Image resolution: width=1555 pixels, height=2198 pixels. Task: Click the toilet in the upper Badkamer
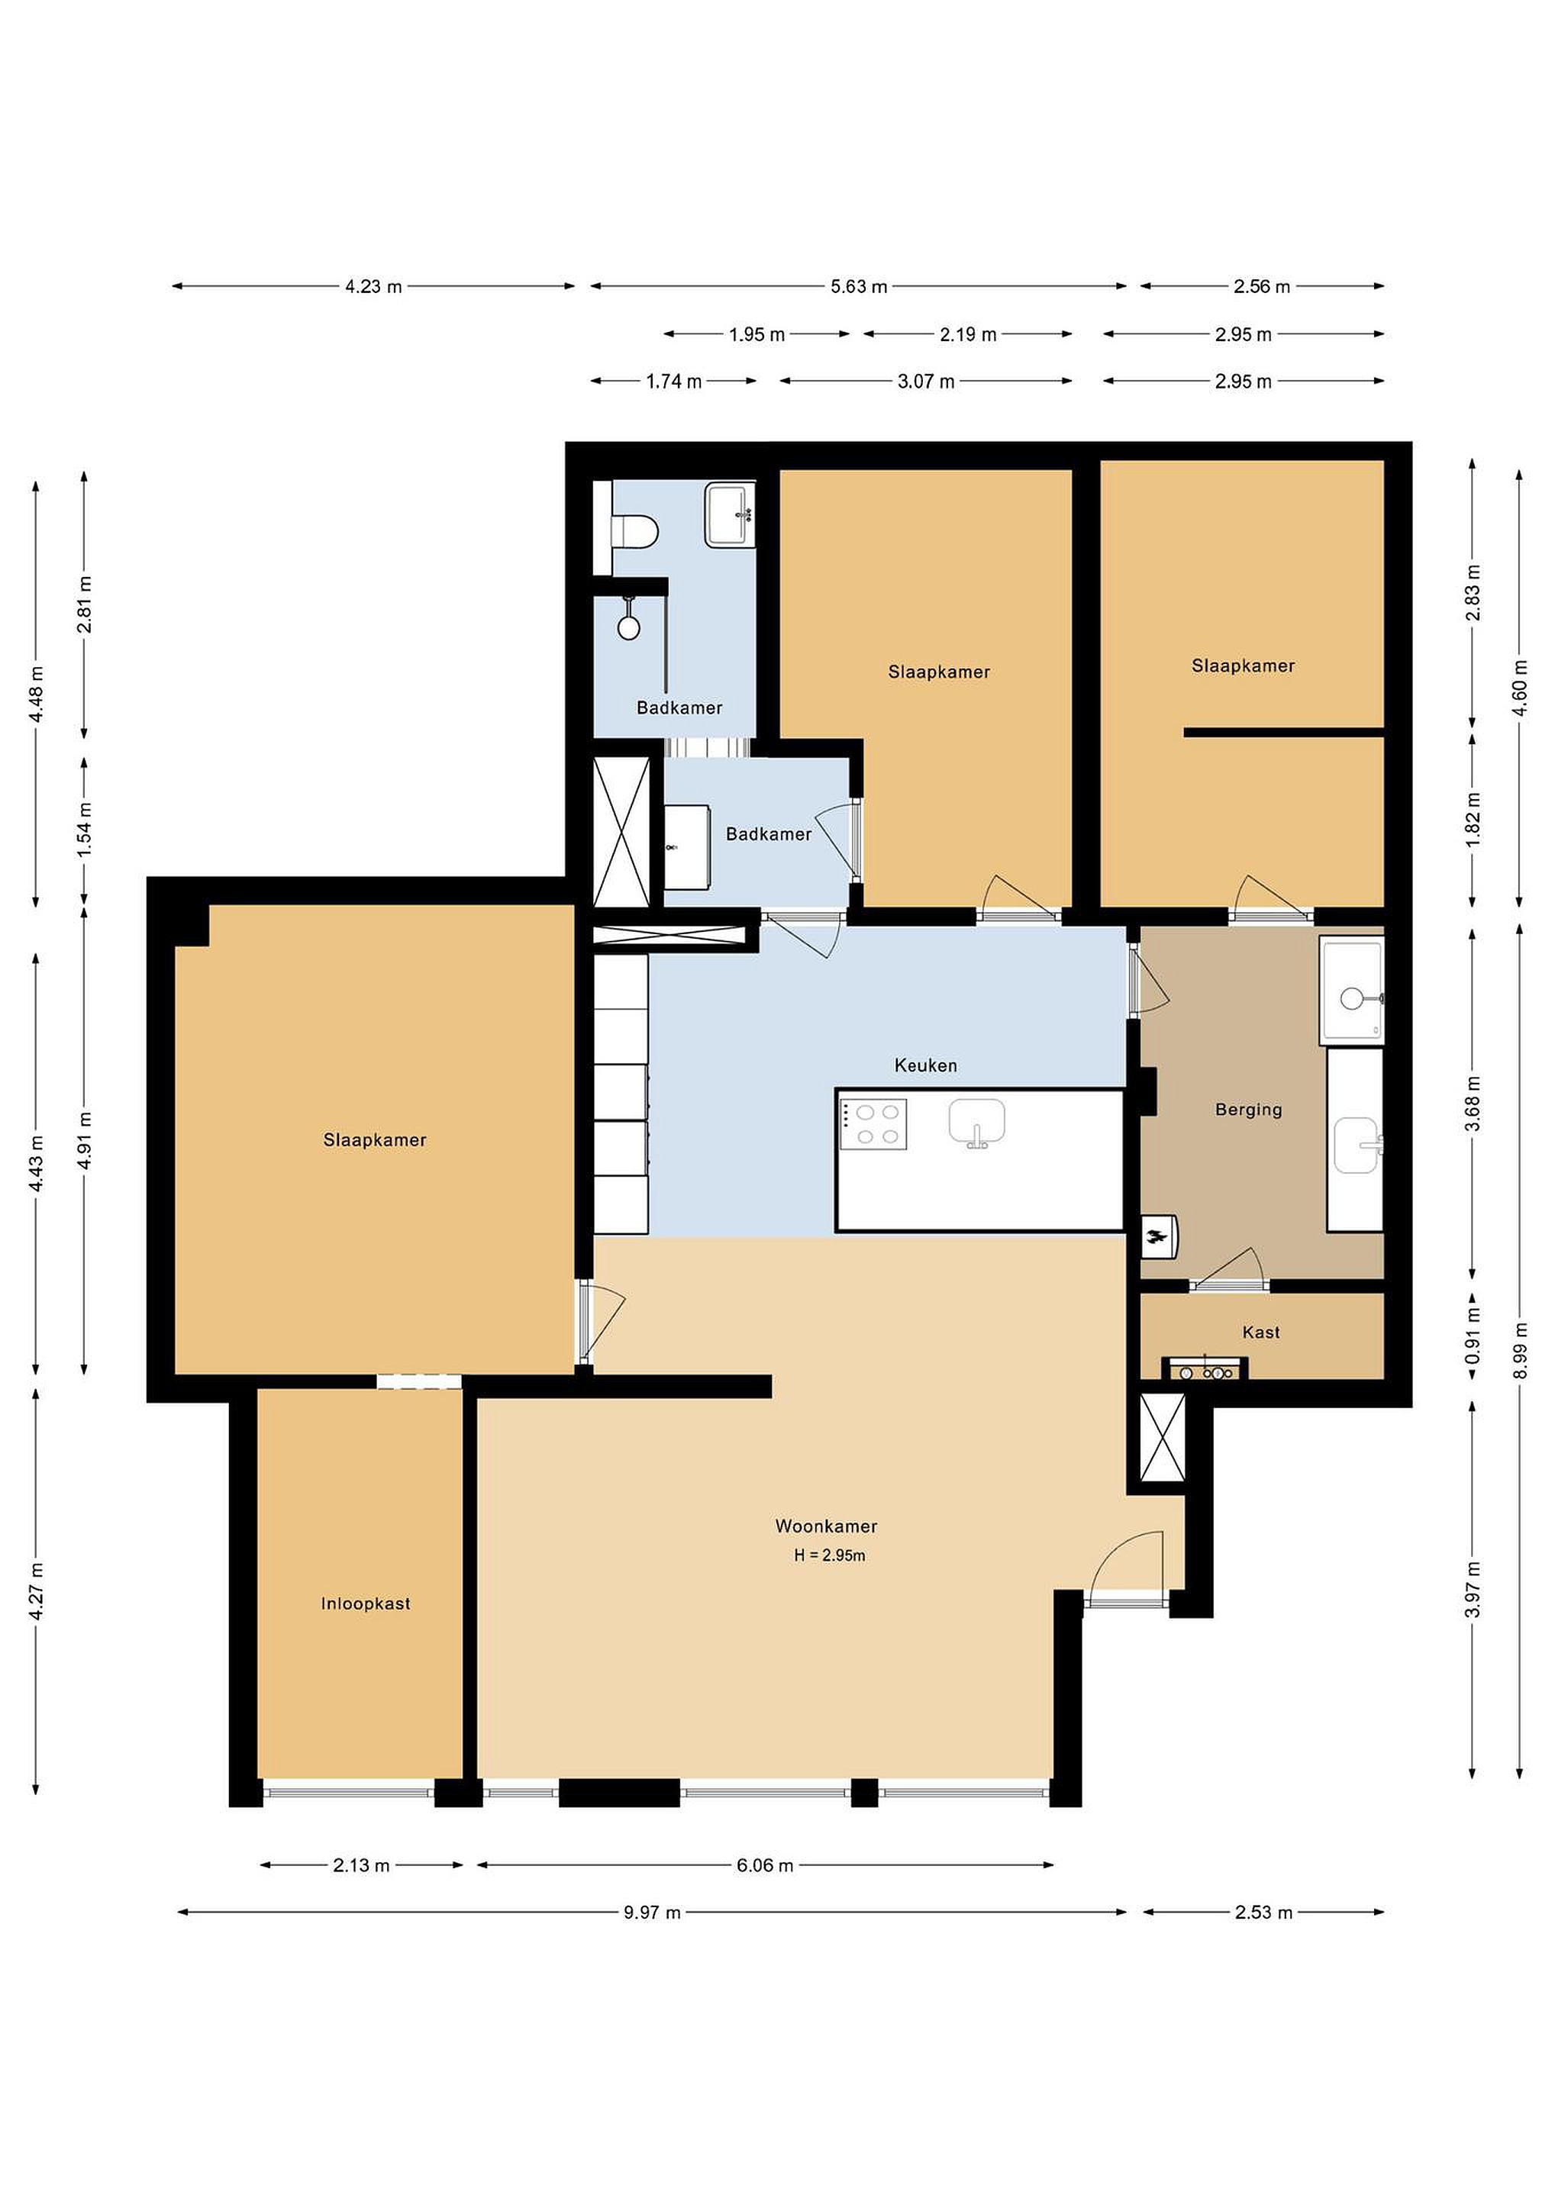[x=633, y=531]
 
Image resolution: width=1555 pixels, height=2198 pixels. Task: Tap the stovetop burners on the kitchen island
[x=873, y=1124]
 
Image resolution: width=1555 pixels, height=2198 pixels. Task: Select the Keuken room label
[x=925, y=1065]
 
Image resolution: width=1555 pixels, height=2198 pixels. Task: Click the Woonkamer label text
[x=825, y=1526]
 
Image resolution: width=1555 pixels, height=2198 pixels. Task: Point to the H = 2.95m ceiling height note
[x=829, y=1555]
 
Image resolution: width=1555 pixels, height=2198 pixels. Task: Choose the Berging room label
[x=1247, y=1110]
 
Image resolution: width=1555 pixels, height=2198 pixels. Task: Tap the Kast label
[x=1260, y=1332]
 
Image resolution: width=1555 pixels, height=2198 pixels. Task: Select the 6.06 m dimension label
[x=764, y=1864]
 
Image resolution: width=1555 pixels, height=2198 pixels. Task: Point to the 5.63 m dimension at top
[x=858, y=286]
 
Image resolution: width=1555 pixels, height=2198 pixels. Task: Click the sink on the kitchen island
[x=976, y=1122]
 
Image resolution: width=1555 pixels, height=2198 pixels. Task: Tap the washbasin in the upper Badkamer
[x=730, y=515]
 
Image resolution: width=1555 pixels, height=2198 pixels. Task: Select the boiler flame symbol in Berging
[x=1157, y=1237]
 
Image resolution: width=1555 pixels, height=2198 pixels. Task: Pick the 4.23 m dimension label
[x=373, y=286]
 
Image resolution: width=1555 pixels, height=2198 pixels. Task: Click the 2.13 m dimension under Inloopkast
[x=361, y=1864]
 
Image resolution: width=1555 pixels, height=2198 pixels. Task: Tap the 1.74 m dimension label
[x=673, y=381]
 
